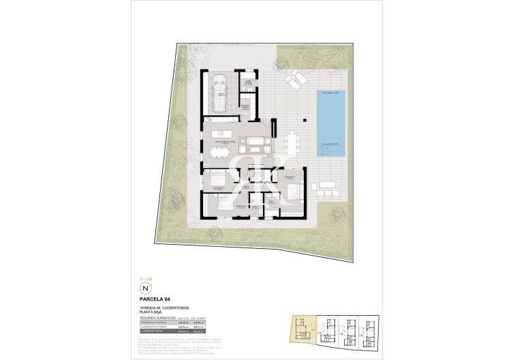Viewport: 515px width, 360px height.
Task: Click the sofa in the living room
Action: point(257,145)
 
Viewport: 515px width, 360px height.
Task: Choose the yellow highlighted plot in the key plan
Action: point(300,327)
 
